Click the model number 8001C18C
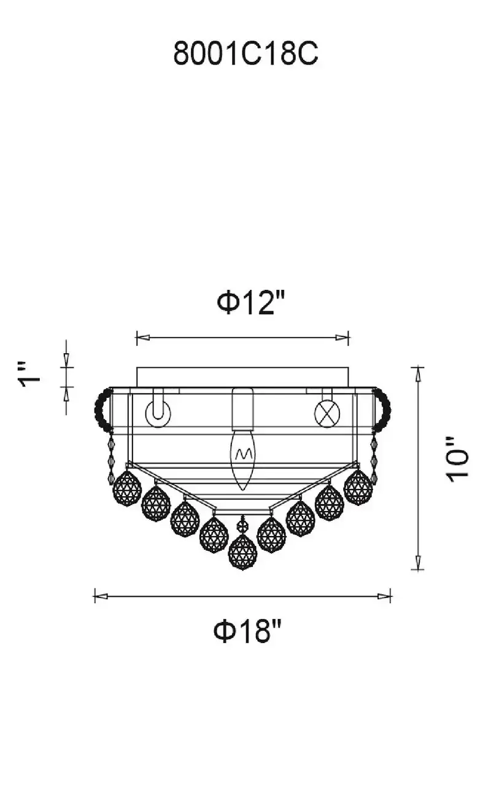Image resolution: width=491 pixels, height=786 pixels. click(246, 53)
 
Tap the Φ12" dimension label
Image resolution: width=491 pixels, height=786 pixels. click(250, 303)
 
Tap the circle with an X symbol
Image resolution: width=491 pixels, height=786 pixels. click(327, 413)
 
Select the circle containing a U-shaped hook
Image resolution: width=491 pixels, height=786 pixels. click(158, 413)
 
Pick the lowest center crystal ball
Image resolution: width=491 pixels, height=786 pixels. click(242, 557)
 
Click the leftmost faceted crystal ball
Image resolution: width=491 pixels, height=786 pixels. click(127, 488)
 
